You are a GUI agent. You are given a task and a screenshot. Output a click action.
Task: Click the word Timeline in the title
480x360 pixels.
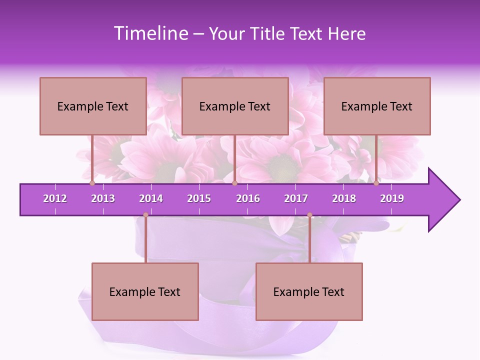point(150,33)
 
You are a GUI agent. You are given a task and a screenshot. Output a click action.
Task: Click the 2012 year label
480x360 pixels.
point(55,198)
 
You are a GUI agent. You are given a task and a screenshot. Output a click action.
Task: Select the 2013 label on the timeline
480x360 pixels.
point(103,198)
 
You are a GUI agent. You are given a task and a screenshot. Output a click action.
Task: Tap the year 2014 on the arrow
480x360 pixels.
point(151,198)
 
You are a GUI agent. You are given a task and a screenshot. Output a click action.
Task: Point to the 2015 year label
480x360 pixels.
point(199,198)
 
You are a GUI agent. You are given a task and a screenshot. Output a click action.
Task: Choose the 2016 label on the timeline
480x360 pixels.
point(248,198)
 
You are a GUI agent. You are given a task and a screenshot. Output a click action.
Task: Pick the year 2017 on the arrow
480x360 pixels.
point(296,198)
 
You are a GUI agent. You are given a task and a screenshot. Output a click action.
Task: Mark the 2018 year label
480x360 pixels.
point(344,198)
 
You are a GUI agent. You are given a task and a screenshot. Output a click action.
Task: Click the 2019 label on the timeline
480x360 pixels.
point(392,198)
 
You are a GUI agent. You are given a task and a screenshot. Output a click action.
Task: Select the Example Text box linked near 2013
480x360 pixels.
point(93,106)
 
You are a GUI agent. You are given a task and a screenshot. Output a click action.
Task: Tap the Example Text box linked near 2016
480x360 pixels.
point(235,106)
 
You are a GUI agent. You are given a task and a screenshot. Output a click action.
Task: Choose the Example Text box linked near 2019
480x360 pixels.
point(377,106)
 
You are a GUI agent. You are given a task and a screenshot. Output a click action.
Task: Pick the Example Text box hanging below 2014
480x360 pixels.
point(145,291)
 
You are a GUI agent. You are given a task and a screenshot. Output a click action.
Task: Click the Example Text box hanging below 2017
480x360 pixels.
point(309,291)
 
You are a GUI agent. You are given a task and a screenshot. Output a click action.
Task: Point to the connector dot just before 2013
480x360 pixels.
point(92,183)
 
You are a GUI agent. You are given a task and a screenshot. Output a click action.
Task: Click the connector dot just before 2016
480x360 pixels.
point(234,183)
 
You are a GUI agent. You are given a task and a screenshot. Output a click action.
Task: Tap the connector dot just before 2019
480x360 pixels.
point(376,183)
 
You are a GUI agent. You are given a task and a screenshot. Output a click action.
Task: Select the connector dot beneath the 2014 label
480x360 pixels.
point(145,215)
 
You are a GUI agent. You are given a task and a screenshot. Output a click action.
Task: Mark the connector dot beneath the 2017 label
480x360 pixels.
point(309,215)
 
